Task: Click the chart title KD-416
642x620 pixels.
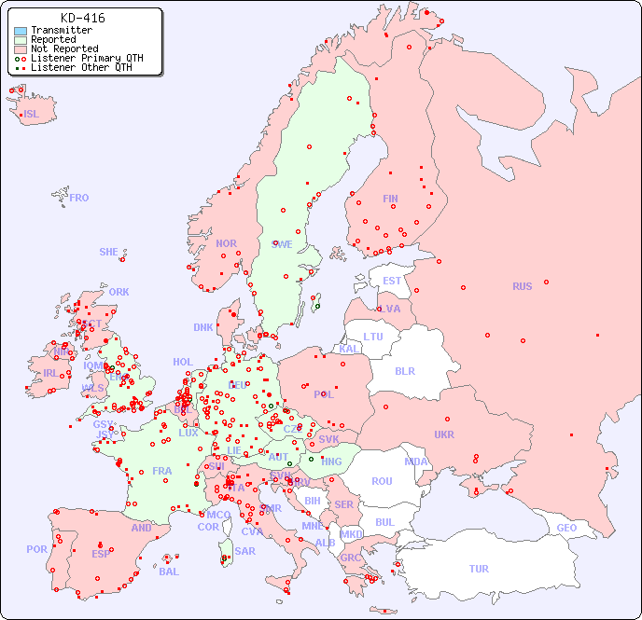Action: click(82, 18)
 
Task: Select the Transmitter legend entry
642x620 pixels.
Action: click(61, 30)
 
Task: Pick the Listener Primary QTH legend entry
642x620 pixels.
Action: click(87, 58)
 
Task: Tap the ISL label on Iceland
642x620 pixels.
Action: click(32, 115)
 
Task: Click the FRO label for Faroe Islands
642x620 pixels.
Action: click(79, 198)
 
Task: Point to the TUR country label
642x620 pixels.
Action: click(479, 569)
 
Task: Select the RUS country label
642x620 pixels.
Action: click(522, 286)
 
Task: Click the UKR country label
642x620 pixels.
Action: click(444, 434)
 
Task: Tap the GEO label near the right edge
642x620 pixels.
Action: click(566, 528)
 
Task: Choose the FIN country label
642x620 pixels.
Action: click(390, 199)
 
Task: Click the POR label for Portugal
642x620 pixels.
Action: click(36, 549)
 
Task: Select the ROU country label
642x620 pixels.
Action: click(382, 481)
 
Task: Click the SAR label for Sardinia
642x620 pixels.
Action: click(244, 551)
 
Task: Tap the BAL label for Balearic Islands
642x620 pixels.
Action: click(169, 572)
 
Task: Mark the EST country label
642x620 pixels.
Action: click(392, 281)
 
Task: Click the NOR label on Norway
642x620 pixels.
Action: click(226, 243)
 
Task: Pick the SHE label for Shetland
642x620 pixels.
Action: click(109, 252)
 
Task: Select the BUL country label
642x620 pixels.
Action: click(384, 522)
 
